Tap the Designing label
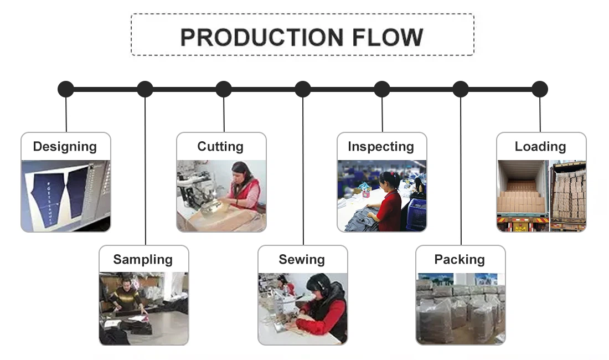pyautogui.click(x=65, y=147)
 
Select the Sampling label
pyautogui.click(x=143, y=260)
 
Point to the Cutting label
pyautogui.click(x=220, y=147)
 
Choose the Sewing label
pyautogui.click(x=302, y=260)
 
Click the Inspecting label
pyautogui.click(x=381, y=147)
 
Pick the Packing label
pyautogui.click(x=460, y=260)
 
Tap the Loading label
pyautogui.click(x=540, y=147)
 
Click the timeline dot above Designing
pyautogui.click(x=66, y=89)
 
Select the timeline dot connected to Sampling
pyautogui.click(x=145, y=89)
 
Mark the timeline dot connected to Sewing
pyautogui.click(x=303, y=89)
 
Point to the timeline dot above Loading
pyautogui.click(x=540, y=89)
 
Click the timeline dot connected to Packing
pyautogui.click(x=461, y=89)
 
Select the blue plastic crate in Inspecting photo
pyautogui.click(x=416, y=213)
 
